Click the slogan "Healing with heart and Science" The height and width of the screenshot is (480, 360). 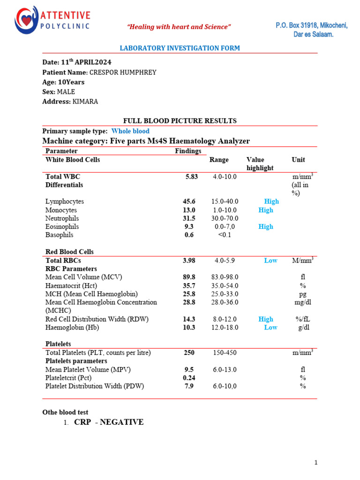180,27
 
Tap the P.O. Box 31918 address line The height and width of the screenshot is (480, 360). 311,25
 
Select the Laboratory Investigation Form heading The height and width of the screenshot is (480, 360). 180,48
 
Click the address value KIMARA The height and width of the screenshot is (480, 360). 85,101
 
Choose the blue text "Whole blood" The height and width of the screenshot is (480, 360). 130,131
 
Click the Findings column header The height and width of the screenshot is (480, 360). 188,151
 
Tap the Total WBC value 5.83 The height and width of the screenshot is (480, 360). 192,177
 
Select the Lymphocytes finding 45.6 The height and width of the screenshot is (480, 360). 189,201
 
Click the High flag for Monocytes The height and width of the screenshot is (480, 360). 266,210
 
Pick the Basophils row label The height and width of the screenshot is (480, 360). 60,235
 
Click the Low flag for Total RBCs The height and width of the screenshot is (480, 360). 270,260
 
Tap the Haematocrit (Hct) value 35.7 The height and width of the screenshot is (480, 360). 189,285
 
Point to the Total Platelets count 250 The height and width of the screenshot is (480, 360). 189,352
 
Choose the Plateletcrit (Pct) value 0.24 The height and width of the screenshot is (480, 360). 189,378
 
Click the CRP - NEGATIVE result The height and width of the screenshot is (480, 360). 109,422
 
